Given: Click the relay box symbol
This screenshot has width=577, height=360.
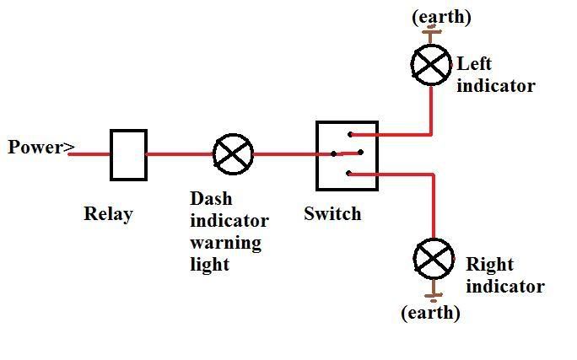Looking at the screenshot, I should (x=128, y=154).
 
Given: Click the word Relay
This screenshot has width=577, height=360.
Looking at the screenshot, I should (x=108, y=214).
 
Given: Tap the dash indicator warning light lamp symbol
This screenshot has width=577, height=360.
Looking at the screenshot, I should (x=233, y=154).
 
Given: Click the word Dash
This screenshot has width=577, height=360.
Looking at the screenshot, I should (x=211, y=199).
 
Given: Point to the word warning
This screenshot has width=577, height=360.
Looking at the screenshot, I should (x=225, y=243).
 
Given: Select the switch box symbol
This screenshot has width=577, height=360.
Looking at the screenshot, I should (x=341, y=156).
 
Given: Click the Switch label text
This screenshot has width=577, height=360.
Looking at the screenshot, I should (x=332, y=213).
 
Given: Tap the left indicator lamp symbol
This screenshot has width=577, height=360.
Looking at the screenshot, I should (x=431, y=64).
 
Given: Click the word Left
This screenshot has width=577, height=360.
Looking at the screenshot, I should (x=474, y=63).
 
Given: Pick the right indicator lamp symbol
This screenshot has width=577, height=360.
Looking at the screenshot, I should (x=434, y=259).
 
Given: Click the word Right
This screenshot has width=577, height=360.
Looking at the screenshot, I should (x=490, y=264).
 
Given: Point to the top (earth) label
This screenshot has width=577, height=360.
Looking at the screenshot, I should (x=440, y=17).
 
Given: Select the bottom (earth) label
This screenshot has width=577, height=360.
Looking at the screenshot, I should (x=430, y=313).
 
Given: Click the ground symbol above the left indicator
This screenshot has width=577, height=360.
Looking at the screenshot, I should (x=431, y=34).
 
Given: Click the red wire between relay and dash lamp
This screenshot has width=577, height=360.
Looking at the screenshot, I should (x=180, y=154).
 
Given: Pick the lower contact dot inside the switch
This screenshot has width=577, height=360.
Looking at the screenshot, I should (x=349, y=173).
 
